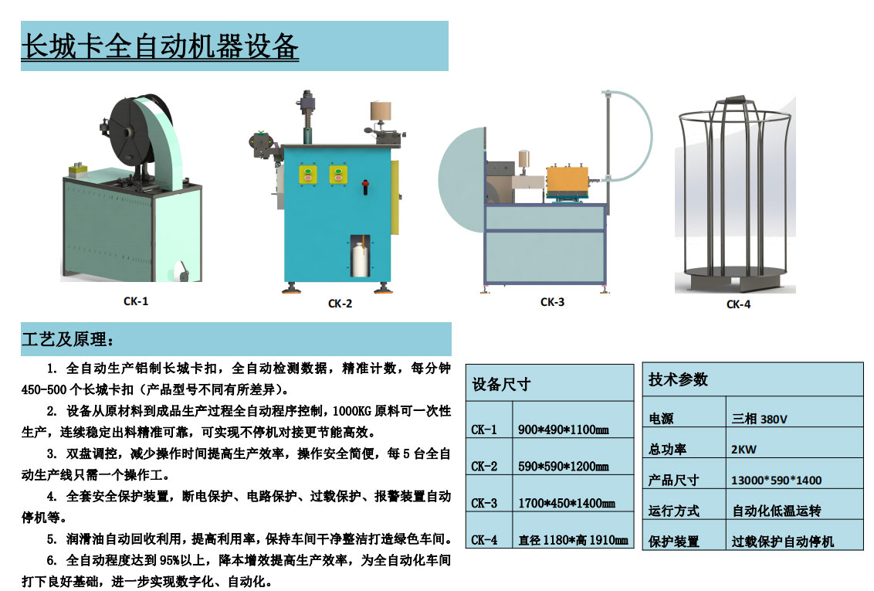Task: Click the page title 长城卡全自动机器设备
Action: pos(160,46)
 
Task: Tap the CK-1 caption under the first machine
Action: pos(136,301)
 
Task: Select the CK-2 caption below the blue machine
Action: pos(340,304)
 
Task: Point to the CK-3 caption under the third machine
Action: pos(552,302)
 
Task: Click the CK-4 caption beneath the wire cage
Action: pos(738,304)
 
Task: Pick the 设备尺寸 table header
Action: pos(502,384)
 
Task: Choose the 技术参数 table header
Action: pos(678,379)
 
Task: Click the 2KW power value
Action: pos(745,449)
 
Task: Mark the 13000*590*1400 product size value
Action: pos(776,480)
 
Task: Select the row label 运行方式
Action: pos(674,511)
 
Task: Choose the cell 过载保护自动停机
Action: pos(782,542)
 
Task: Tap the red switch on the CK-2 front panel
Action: pos(367,185)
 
